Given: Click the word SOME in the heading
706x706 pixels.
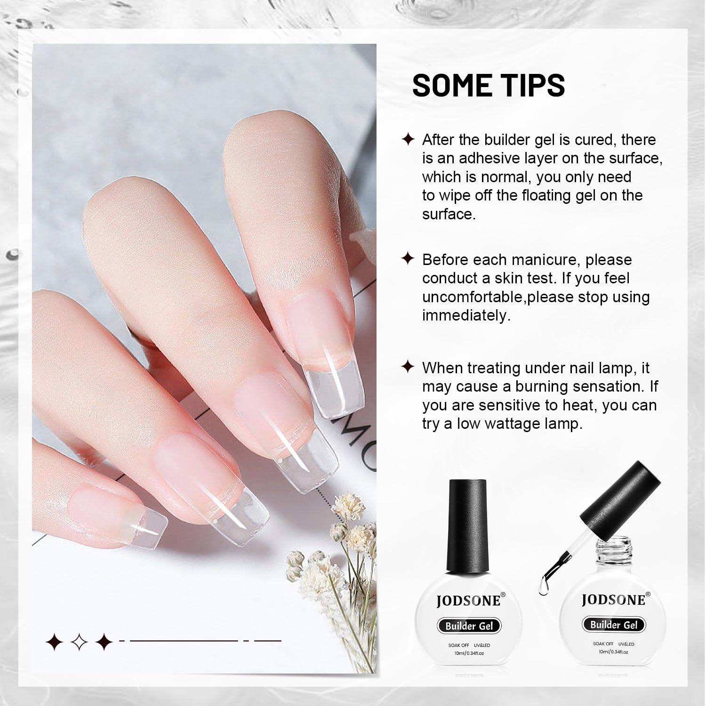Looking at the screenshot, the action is pos(454,85).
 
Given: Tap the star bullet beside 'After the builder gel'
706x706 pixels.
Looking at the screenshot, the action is pos(408,139).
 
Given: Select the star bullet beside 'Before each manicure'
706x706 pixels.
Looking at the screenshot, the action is pos(408,259).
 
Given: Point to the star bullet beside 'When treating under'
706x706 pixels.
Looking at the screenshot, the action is pos(408,367).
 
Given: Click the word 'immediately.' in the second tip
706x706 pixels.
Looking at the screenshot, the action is pos(466,315).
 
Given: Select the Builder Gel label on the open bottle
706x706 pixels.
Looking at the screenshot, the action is pos(614,625).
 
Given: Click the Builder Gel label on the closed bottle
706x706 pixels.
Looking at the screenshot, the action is pos(469,626).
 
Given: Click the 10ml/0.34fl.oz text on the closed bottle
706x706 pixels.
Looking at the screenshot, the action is pos(469,653).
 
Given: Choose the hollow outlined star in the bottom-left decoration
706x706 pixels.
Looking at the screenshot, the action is pos(79,641).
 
